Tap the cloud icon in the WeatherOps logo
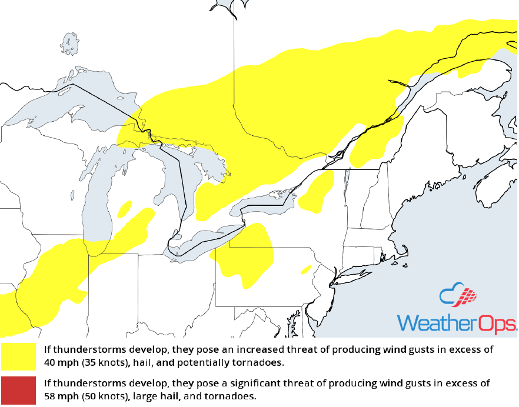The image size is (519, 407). point(456,297)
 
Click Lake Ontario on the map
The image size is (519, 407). point(265,203)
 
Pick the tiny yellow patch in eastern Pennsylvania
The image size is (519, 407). point(306,269)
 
